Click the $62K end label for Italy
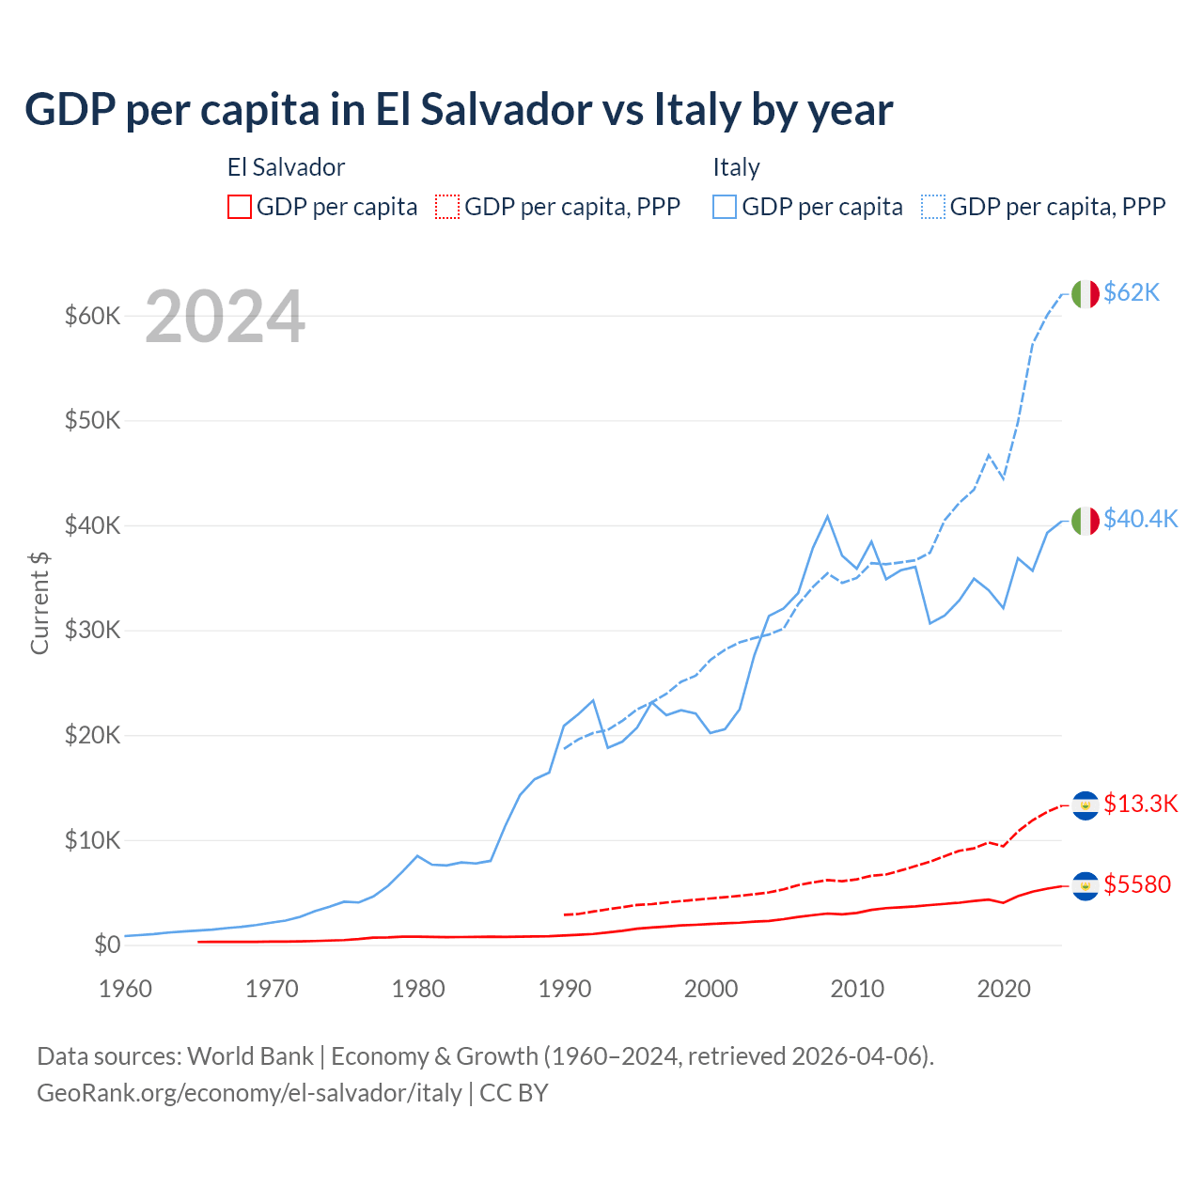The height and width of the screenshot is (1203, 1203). [1132, 293]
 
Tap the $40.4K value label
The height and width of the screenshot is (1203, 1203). [1140, 520]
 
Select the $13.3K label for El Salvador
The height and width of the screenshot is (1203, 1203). [1140, 805]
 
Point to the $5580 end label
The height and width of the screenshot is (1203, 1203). [1137, 885]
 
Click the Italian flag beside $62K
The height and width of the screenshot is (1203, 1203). [1085, 294]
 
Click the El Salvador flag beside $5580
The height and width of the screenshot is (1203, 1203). [1085, 885]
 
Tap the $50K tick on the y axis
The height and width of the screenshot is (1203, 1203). [92, 420]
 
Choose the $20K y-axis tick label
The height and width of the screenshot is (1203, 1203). [92, 735]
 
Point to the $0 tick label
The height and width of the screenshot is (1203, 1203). [106, 945]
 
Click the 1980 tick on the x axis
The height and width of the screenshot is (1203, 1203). [418, 989]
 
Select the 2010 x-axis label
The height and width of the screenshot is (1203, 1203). [857, 989]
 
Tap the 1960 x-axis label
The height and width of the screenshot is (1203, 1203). [126, 989]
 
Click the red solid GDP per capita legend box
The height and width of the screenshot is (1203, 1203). [240, 207]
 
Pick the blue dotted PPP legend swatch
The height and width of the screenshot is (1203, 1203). [933, 207]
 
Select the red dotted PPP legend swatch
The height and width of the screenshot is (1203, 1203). [447, 207]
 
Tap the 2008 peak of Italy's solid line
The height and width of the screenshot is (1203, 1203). [827, 516]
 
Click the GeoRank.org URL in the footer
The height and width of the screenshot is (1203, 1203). [249, 1093]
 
